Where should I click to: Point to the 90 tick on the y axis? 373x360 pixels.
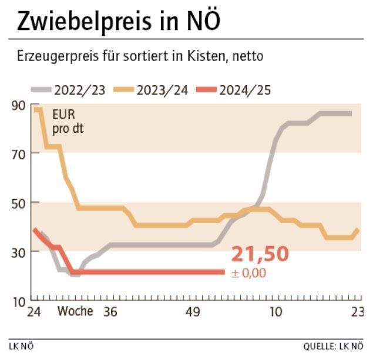[18, 106]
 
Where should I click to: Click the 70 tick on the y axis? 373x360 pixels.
[18, 154]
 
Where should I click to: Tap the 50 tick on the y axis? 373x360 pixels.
[18, 203]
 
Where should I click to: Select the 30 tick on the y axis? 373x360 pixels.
[18, 252]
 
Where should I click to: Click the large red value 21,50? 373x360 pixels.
[260, 254]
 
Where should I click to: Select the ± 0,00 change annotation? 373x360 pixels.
[249, 272]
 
